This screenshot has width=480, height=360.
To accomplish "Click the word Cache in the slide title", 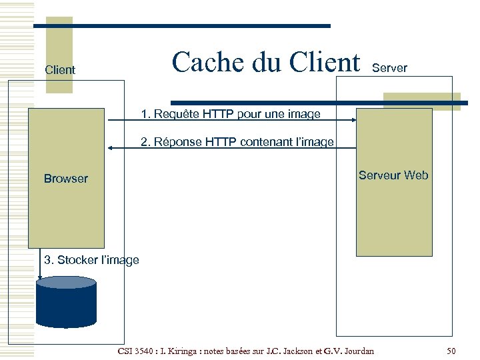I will pyautogui.click(x=208, y=62).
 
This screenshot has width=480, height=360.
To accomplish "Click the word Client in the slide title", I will pyautogui.click(x=325, y=62).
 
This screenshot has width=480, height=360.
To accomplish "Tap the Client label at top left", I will pyautogui.click(x=59, y=69).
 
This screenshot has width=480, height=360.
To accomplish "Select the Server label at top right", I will pyautogui.click(x=389, y=68).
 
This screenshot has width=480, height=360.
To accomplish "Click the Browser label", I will pyautogui.click(x=65, y=179).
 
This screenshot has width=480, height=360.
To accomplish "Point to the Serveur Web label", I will pyautogui.click(x=393, y=175).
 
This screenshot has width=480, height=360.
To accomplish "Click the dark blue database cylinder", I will pyautogui.click(x=67, y=301).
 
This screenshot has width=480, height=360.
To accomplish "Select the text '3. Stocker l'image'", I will pyautogui.click(x=91, y=260).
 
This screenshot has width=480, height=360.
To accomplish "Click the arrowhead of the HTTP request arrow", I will pyautogui.click(x=353, y=121).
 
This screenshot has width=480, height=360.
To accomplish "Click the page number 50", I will pyautogui.click(x=451, y=351).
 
